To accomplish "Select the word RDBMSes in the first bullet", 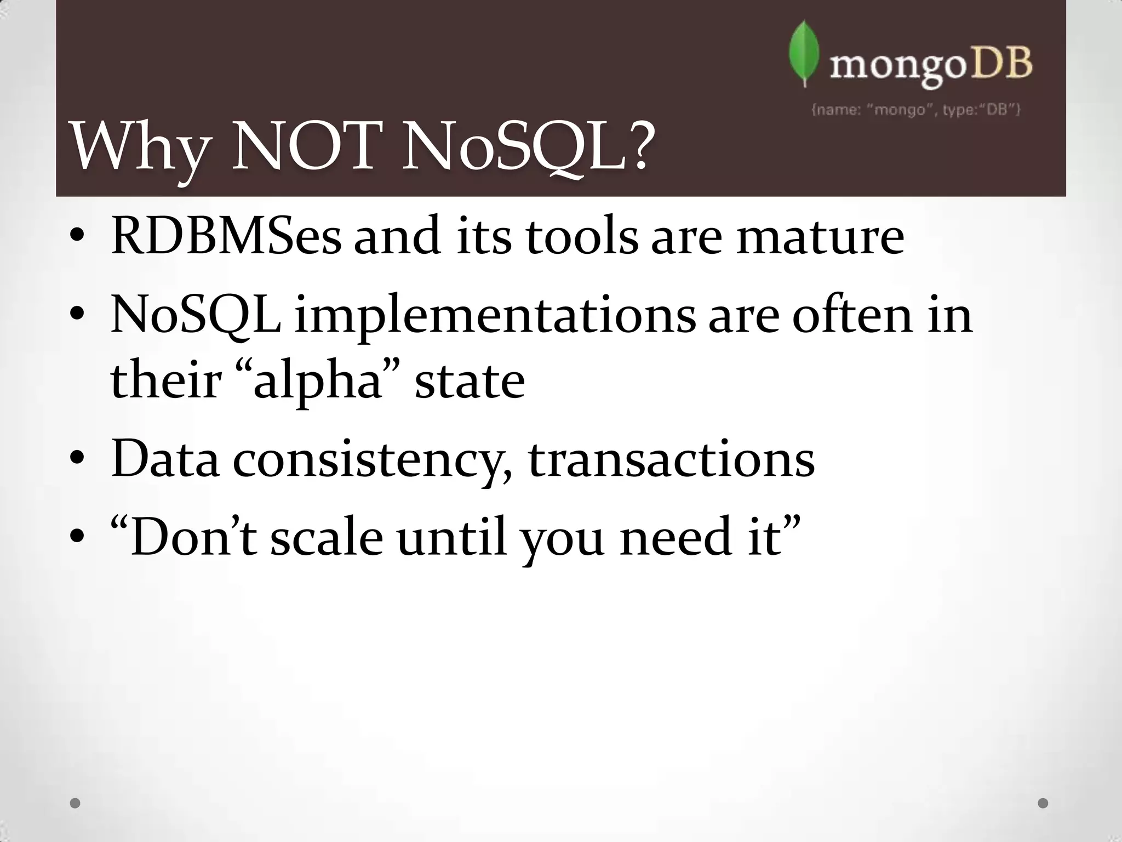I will pyautogui.click(x=226, y=237).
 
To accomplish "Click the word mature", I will pyautogui.click(x=820, y=237).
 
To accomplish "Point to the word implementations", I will pyautogui.click(x=495, y=317).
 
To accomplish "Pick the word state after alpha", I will pyautogui.click(x=470, y=382).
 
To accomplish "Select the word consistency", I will pyautogui.click(x=368, y=460).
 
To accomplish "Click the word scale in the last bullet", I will pyautogui.click(x=327, y=538).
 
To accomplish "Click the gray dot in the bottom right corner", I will pyautogui.click(x=1043, y=803).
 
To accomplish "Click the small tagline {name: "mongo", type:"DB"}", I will pyautogui.click(x=915, y=110).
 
